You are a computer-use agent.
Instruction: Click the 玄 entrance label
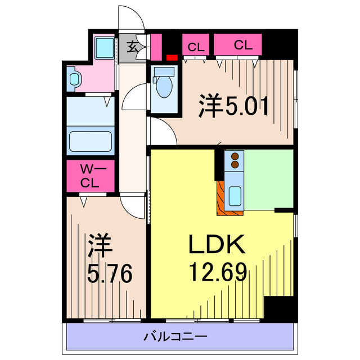132,46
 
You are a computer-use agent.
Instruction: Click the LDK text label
216,246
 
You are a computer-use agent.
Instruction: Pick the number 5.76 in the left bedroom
110,275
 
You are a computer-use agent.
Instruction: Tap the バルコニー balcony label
175,337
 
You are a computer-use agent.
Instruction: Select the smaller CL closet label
195,46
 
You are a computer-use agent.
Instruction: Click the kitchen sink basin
235,195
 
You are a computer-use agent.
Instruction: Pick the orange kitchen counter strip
220,200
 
